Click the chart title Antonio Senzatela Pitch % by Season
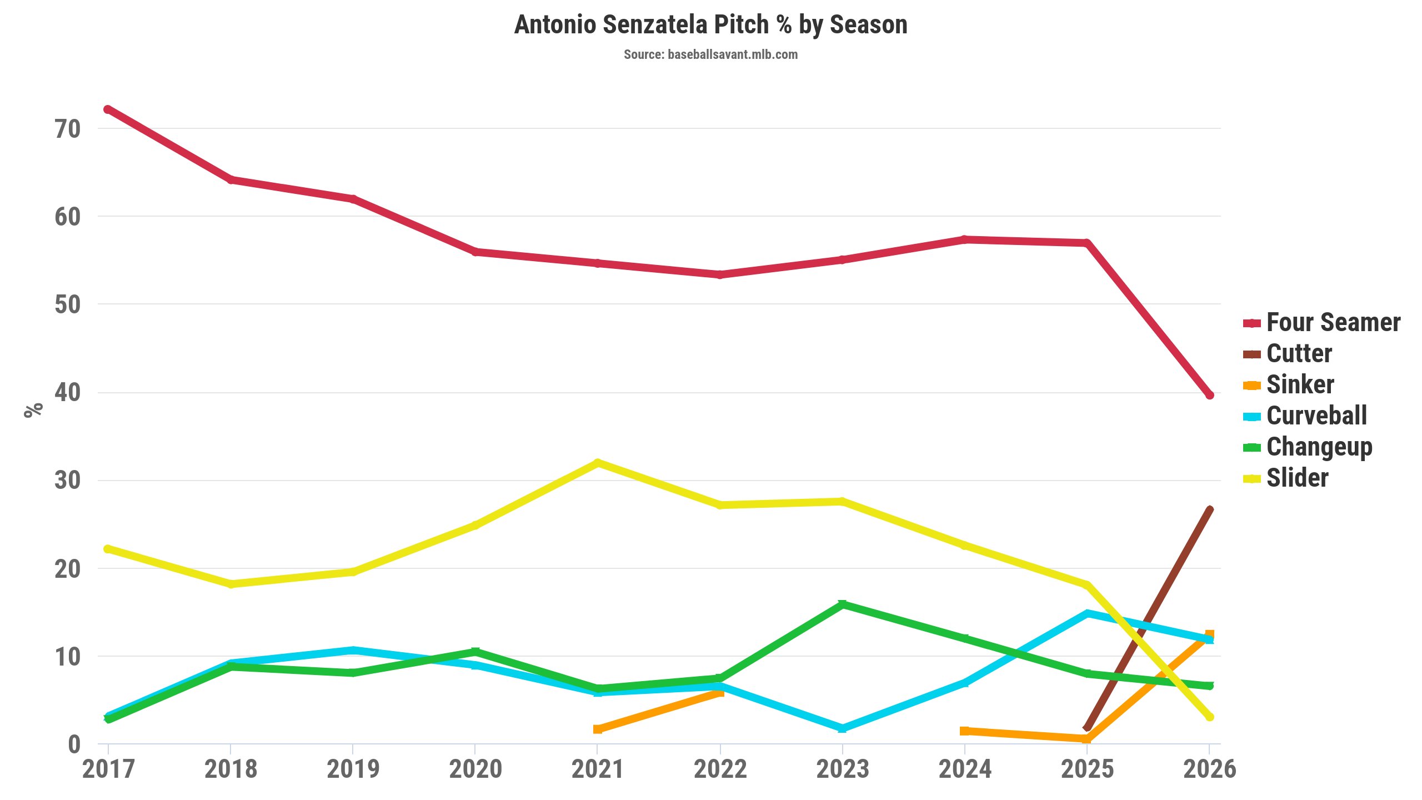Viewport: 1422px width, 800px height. [x=710, y=25]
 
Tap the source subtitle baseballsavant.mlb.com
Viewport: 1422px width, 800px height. [x=710, y=54]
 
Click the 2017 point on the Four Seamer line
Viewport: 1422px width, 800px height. [x=108, y=109]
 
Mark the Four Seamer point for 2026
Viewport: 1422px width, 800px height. [x=1209, y=395]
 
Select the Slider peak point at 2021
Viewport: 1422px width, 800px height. [x=598, y=463]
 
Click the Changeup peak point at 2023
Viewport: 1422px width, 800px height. [x=842, y=604]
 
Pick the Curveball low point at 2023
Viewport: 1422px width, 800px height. [x=842, y=728]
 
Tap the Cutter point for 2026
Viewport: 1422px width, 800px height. [x=1209, y=509]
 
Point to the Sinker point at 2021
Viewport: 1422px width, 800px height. [x=598, y=729]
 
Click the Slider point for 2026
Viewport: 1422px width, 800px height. [x=1209, y=717]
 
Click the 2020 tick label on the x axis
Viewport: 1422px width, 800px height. [x=475, y=769]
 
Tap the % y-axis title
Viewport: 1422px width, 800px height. [x=34, y=410]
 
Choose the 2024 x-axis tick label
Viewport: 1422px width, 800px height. [x=965, y=769]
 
